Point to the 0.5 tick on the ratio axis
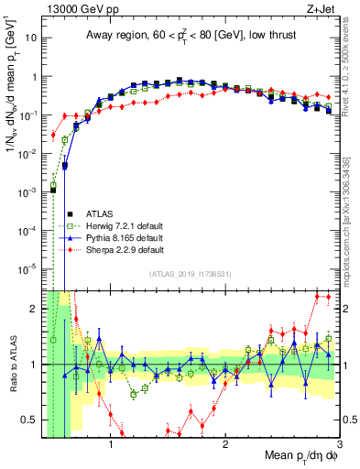point(30,420)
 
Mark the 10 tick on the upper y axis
point(30,38)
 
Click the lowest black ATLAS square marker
point(53,190)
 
